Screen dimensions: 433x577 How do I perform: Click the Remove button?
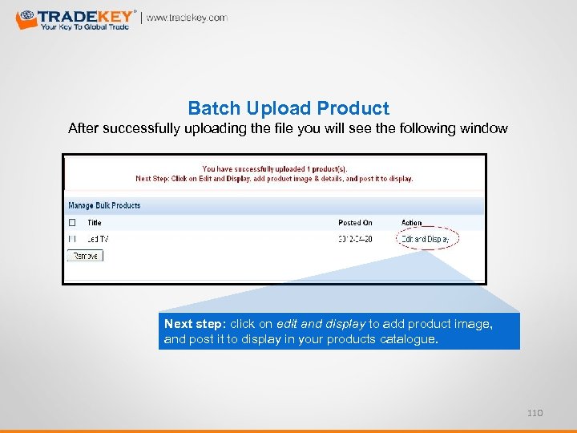[x=85, y=256]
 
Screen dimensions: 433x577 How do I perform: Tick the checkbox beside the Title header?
[x=72, y=222]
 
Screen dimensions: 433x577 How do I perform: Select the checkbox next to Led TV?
[x=72, y=238]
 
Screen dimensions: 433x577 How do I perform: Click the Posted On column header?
[x=355, y=222]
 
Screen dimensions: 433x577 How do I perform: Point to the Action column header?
[x=411, y=222]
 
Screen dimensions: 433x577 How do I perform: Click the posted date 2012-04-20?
[x=355, y=238]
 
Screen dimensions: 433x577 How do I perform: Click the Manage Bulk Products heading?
[x=104, y=205]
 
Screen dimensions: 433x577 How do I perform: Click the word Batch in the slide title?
[x=209, y=108]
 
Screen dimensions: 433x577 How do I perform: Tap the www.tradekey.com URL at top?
[x=187, y=18]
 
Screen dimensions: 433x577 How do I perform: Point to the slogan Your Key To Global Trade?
[x=85, y=26]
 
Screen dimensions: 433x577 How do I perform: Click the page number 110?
[x=535, y=412]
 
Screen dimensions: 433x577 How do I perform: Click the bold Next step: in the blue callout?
[x=196, y=324]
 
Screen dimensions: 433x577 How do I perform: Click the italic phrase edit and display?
[x=321, y=324]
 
